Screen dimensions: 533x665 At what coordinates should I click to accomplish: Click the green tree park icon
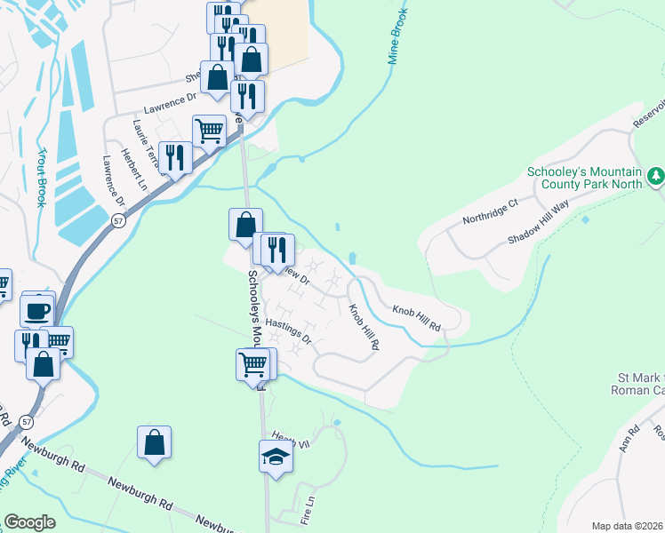[656, 177]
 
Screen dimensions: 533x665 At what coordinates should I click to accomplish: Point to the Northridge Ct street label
[490, 211]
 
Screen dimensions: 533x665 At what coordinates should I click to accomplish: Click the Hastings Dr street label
[289, 332]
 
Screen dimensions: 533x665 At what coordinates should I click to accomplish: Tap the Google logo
[30, 522]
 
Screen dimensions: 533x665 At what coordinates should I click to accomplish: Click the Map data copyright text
[627, 526]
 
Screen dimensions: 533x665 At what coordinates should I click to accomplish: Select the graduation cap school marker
[276, 457]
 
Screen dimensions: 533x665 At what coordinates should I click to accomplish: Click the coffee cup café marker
[37, 310]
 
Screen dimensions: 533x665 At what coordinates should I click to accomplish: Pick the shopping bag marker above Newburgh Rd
[154, 442]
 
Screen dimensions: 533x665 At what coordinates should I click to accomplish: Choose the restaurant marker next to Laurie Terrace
[175, 158]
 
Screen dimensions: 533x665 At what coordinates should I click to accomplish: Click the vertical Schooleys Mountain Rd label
[254, 311]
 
